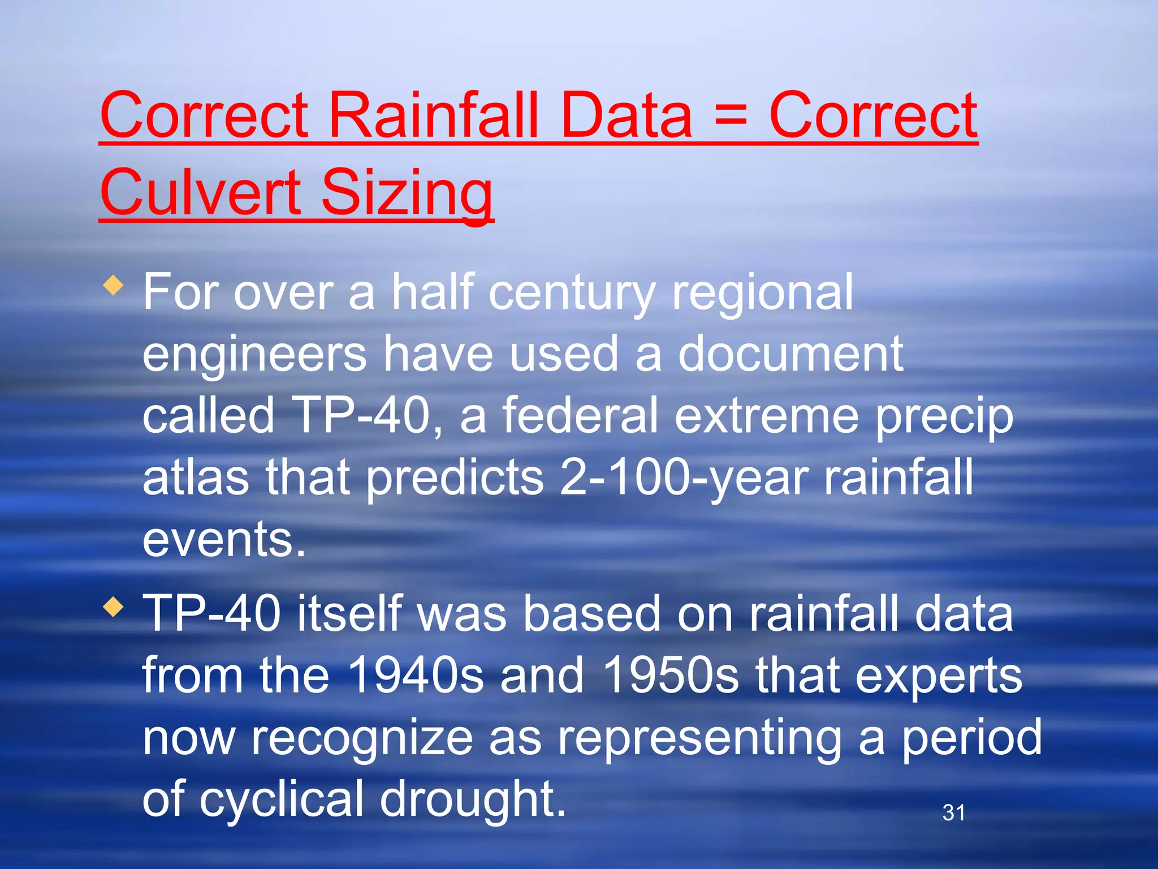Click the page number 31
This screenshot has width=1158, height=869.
pos(953,812)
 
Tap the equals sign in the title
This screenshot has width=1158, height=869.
pos(730,116)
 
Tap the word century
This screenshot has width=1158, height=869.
pos(571,293)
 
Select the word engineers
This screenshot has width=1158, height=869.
pos(254,355)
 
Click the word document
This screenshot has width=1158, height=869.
pos(790,354)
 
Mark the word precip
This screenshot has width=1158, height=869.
pos(944,418)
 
